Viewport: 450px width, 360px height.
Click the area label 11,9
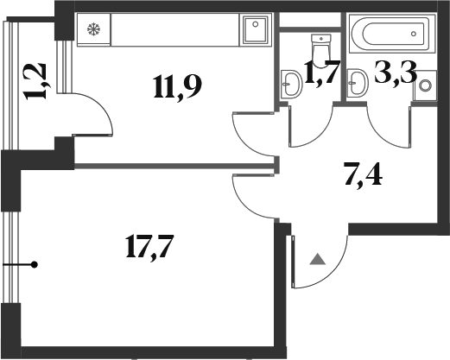point(178,86)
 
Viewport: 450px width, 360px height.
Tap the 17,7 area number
point(149,246)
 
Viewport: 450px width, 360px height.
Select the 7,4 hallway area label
point(364,174)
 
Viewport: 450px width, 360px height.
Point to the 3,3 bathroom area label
point(396,72)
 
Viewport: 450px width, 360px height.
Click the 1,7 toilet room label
point(322,72)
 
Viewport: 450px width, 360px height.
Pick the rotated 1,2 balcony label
point(36,81)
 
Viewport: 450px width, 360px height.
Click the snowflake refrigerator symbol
point(93,28)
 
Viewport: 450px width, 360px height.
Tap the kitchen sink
point(256,29)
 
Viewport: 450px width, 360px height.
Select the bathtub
point(392,34)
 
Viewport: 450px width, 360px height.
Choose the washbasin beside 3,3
point(358,83)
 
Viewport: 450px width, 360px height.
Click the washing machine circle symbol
point(425,85)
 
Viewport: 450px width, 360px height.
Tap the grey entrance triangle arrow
point(318,259)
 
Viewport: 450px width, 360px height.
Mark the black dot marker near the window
point(35,264)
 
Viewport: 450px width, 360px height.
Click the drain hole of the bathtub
point(414,34)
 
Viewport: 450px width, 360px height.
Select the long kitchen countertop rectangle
point(174,29)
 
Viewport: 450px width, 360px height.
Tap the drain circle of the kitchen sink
point(256,24)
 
